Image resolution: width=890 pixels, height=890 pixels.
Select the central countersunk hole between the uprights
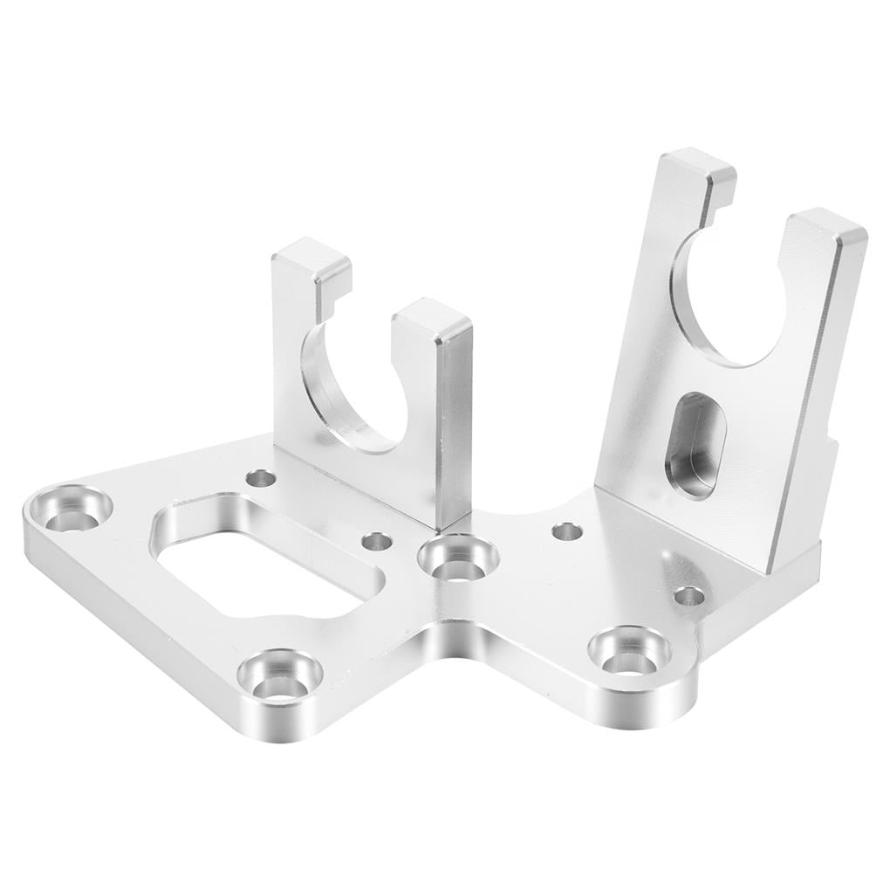[457, 560]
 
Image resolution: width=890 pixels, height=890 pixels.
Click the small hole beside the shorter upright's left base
[260, 478]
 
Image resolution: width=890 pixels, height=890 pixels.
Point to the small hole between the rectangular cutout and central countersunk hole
[377, 541]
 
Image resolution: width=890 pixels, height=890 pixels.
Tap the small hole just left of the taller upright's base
[567, 531]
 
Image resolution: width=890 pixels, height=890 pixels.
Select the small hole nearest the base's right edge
[689, 596]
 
